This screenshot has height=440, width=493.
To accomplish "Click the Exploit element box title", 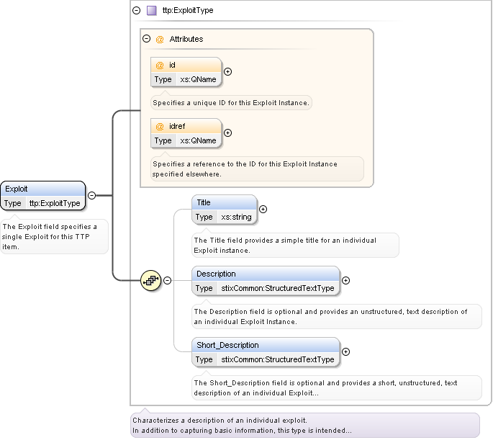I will tap(17, 189).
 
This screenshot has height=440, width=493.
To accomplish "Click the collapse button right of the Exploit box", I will tap(92, 195).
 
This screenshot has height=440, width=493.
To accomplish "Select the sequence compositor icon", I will tap(150, 280).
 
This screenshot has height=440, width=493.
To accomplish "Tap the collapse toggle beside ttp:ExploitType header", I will tap(137, 11).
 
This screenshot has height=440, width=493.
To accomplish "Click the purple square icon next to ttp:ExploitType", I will tap(151, 11).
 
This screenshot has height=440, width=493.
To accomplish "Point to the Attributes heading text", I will tap(186, 39).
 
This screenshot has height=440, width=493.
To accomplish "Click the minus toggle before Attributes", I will tap(147, 39).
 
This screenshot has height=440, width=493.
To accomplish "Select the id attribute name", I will tap(172, 65).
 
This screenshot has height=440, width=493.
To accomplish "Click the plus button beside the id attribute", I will tap(228, 71).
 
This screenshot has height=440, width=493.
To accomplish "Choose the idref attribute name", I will tap(176, 126).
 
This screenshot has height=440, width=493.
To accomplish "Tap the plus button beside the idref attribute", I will tap(228, 133).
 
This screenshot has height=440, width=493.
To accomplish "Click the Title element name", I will tap(204, 202).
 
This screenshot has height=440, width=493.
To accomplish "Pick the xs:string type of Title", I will tap(236, 217).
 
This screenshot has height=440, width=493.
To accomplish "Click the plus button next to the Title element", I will tap(263, 210).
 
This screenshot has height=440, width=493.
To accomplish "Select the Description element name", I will tap(216, 274).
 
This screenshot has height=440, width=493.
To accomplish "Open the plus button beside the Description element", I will tap(346, 280).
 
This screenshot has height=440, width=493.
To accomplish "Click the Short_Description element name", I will tap(227, 345).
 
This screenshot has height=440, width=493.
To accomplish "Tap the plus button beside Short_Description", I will tap(346, 351).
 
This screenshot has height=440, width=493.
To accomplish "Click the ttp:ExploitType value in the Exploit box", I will tap(55, 203).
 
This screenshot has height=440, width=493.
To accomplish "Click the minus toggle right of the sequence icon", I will tap(168, 280).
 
